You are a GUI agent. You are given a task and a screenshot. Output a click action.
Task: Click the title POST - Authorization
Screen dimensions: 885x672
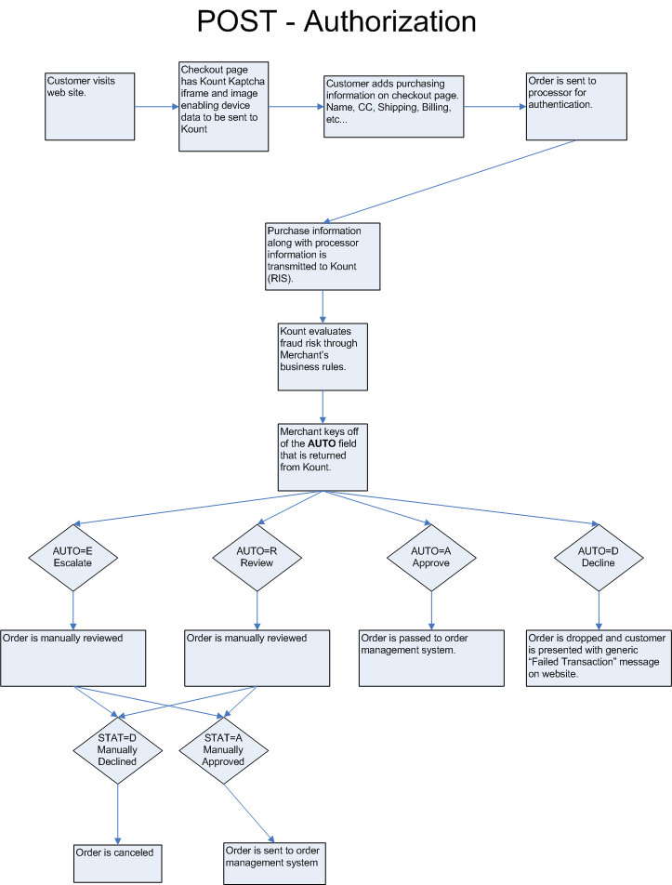point(336,23)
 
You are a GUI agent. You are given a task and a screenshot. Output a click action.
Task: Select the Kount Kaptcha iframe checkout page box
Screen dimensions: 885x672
point(223,104)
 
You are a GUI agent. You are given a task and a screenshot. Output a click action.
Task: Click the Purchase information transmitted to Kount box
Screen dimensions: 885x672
point(322,256)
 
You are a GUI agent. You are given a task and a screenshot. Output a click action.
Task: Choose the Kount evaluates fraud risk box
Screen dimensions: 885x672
point(322,355)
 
